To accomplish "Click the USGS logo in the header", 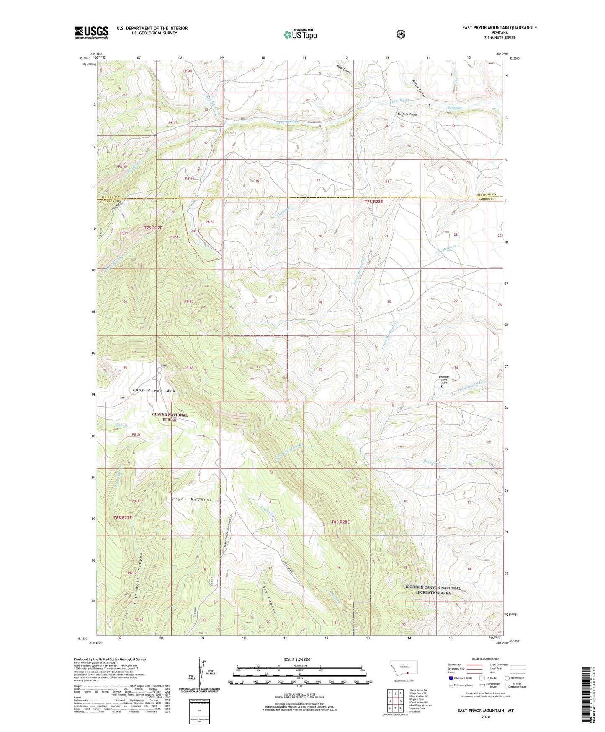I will click(x=91, y=32).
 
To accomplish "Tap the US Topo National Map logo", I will click(x=300, y=34).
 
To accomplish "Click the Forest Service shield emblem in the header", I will click(x=401, y=34).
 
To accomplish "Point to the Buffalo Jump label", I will click(x=407, y=114).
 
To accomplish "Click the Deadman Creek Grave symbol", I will click(x=443, y=387).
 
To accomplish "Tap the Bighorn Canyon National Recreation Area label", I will click(x=433, y=590).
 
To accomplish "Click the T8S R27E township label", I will click(x=123, y=517).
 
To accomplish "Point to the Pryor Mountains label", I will click(x=195, y=500).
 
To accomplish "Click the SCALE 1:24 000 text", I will click(x=297, y=659).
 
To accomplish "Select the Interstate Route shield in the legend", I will click(x=451, y=678).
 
